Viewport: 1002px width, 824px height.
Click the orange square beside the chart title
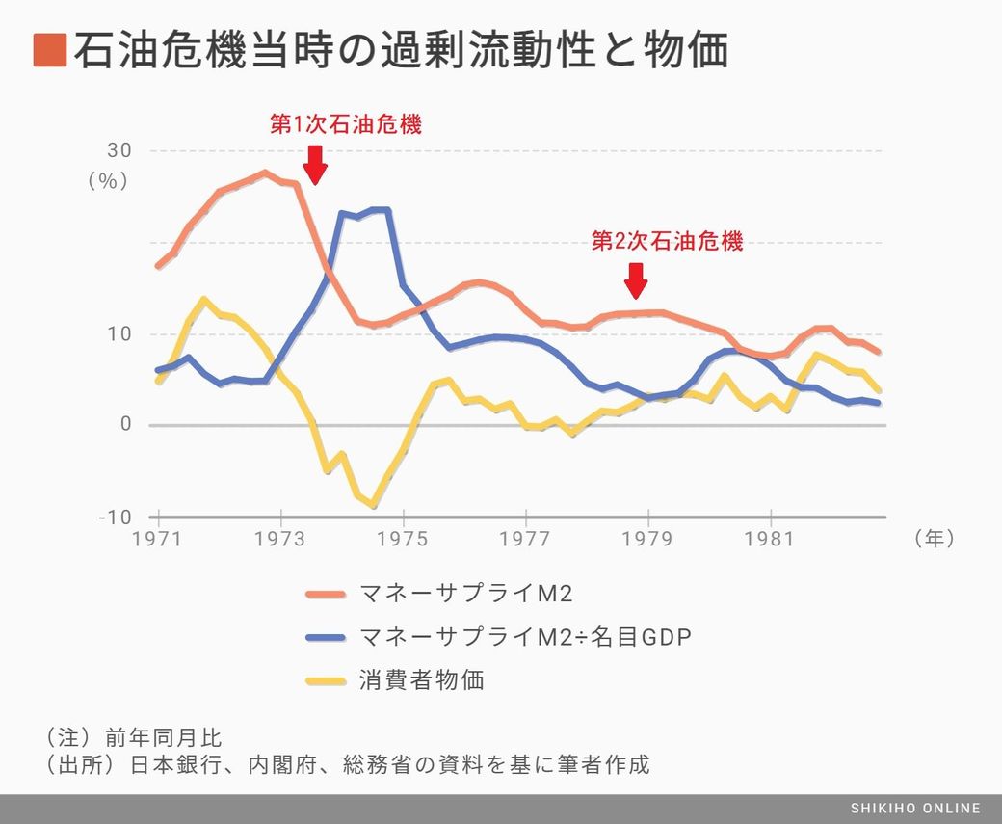coord(49,50)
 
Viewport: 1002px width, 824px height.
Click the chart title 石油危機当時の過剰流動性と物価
coord(400,50)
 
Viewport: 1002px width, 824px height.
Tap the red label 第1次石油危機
coord(345,125)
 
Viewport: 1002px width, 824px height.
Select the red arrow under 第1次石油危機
coord(314,165)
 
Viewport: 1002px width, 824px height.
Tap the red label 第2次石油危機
coord(667,242)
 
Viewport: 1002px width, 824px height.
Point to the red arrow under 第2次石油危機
coord(635,280)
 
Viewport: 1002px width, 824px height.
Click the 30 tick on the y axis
coord(119,151)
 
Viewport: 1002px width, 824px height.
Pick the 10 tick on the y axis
coord(119,334)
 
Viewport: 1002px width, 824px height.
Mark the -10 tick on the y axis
coord(115,518)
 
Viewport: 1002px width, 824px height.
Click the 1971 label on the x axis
coord(158,540)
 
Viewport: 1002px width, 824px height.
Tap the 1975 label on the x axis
coord(403,540)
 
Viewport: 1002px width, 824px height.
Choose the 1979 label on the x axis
coord(647,540)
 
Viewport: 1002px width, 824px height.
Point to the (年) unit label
coord(934,540)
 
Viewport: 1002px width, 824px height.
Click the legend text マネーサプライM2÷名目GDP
coord(524,637)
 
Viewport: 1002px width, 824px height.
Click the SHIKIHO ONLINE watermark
coord(915,809)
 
